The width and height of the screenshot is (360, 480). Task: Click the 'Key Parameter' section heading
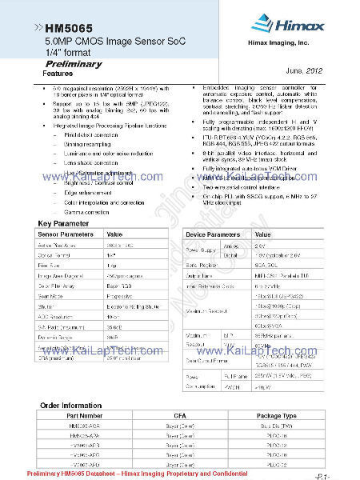[x=61, y=223]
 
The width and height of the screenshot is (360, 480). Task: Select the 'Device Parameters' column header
[x=214, y=234]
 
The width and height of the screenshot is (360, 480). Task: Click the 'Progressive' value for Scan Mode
[x=122, y=295]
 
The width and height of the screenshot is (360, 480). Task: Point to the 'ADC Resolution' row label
[x=56, y=318]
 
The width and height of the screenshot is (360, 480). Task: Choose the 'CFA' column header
[x=179, y=416]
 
